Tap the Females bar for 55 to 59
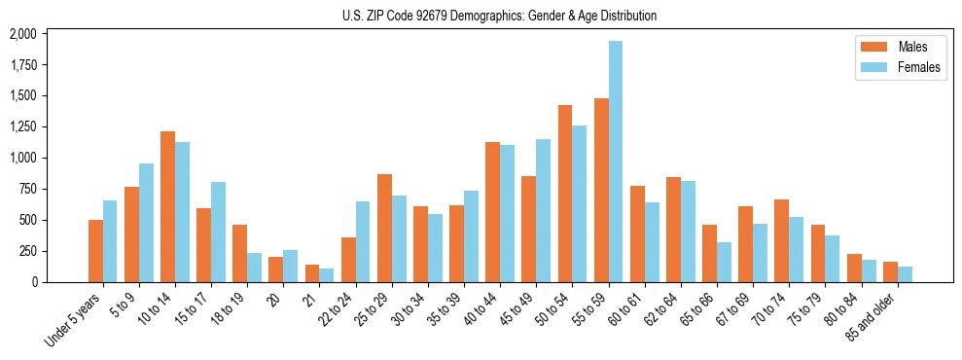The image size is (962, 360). point(616,162)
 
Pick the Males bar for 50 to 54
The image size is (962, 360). point(565,194)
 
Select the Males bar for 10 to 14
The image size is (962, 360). point(167,206)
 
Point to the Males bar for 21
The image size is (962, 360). point(312,273)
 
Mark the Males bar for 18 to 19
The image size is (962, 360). point(239,253)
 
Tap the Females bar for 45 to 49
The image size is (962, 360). point(543,210)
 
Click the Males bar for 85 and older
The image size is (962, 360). point(890,271)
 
